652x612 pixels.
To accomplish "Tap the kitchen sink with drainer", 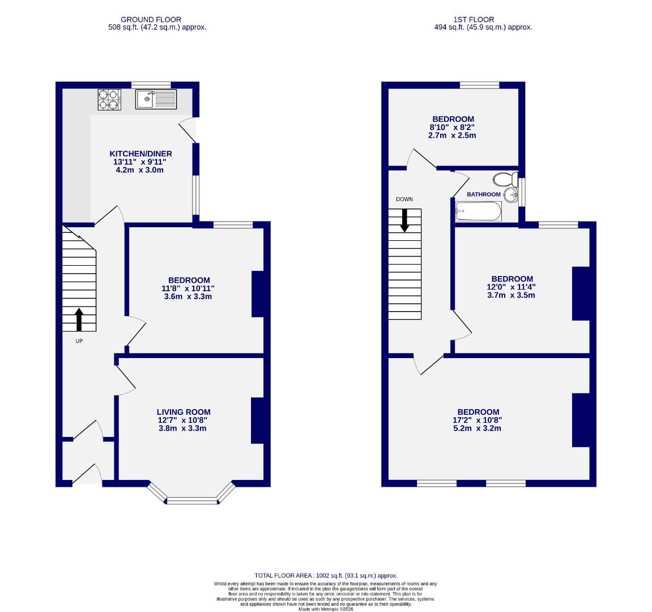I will (x=156, y=99).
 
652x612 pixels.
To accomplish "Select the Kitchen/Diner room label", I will (x=140, y=154).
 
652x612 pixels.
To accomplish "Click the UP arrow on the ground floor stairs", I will (x=79, y=320).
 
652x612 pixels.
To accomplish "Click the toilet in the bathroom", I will (x=505, y=180).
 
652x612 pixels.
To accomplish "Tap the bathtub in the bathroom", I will (x=479, y=213).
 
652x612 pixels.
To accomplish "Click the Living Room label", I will (x=184, y=412).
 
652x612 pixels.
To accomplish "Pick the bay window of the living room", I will (x=191, y=500).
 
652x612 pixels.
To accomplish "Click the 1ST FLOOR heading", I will (x=466, y=19).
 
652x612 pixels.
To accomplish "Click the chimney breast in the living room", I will (x=258, y=420).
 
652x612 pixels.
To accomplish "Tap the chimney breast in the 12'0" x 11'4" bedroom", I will (x=581, y=294).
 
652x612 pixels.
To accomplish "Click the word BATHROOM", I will (x=484, y=194).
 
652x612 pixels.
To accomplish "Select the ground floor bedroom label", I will (x=189, y=280).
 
